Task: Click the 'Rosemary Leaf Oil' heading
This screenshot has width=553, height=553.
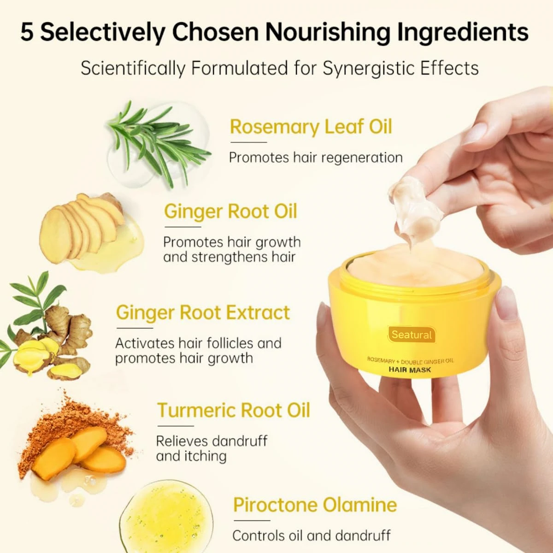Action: click(311, 127)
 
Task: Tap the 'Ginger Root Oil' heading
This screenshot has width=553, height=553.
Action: click(230, 212)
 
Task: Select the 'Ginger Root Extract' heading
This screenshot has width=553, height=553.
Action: click(203, 312)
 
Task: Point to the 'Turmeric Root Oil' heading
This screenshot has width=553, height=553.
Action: click(234, 410)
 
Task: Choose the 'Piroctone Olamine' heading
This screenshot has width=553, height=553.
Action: click(315, 505)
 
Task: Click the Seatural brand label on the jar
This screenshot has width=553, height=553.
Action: click(412, 335)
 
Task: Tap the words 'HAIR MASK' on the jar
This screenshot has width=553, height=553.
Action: click(410, 370)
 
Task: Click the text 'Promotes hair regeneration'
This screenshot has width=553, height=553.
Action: click(316, 158)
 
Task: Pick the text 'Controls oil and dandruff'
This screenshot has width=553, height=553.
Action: click(312, 535)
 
